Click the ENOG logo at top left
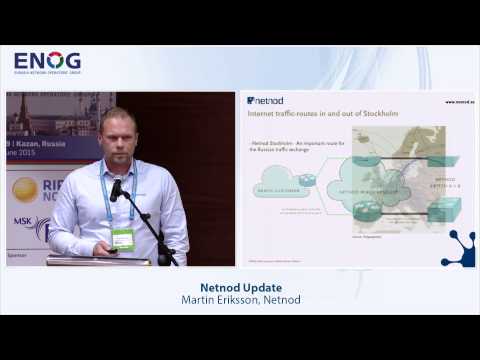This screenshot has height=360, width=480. (x=47, y=63)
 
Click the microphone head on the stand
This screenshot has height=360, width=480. (x=116, y=187)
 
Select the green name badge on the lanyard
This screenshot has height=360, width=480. (x=123, y=239)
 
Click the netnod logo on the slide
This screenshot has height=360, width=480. (x=267, y=100)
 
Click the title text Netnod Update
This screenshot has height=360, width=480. (x=240, y=288)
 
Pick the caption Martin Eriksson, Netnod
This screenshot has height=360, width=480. (x=240, y=301)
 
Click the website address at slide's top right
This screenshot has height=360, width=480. (x=458, y=101)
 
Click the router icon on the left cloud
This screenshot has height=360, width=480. (x=307, y=179)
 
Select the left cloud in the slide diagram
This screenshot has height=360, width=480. (x=284, y=187)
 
